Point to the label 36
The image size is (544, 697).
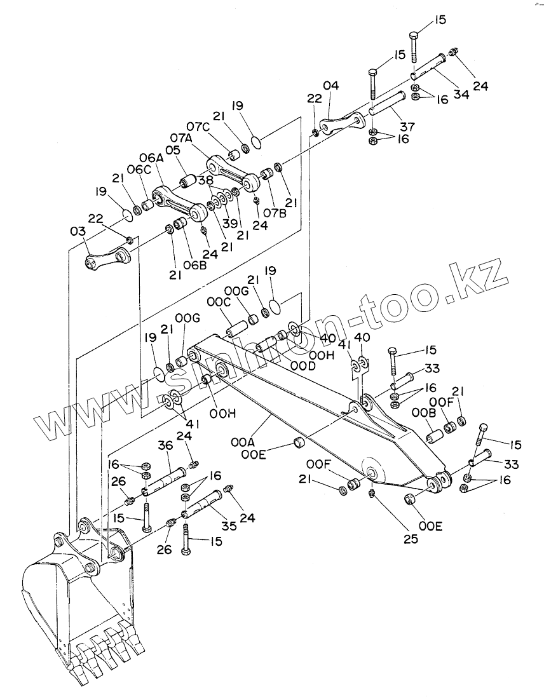click(x=165, y=447)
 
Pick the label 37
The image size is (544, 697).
click(x=408, y=126)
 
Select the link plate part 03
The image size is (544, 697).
click(x=107, y=258)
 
